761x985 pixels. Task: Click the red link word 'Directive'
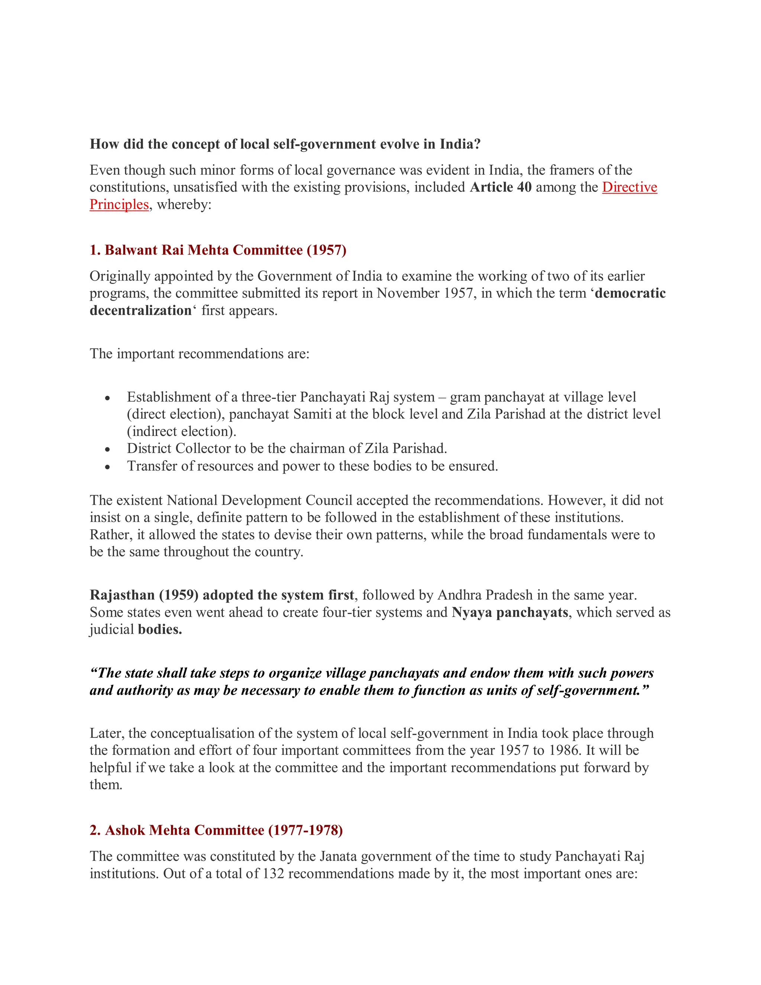point(629,187)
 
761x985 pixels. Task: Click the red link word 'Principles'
point(119,204)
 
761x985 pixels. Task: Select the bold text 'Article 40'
point(501,187)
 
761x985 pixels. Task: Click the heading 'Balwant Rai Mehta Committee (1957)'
point(218,250)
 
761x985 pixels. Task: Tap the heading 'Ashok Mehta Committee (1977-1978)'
point(216,830)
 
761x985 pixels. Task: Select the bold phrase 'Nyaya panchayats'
point(510,612)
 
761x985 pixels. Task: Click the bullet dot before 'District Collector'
point(107,450)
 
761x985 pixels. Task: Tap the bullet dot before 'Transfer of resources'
point(107,467)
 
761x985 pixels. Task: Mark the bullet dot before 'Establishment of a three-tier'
point(107,398)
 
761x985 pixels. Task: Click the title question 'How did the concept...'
point(285,144)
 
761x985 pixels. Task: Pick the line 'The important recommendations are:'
point(200,353)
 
